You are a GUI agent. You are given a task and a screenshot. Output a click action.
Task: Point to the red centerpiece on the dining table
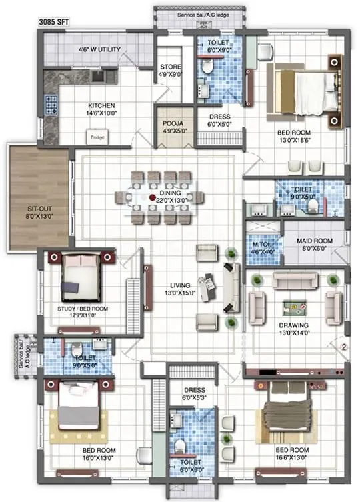click(x=153, y=197)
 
